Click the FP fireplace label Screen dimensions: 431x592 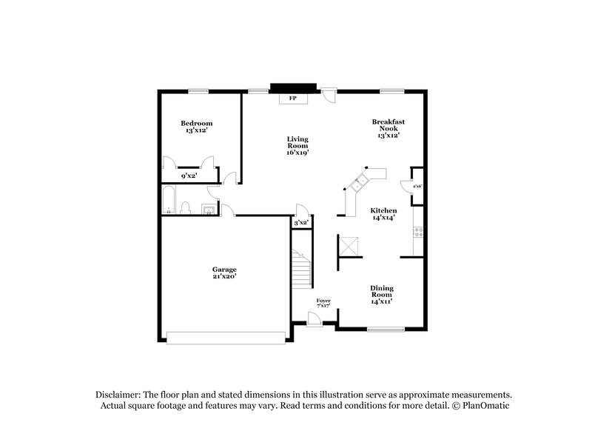coord(293,98)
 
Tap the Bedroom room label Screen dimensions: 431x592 coord(197,123)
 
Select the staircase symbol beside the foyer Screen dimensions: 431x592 coord(302,269)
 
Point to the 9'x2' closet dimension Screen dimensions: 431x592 coord(190,176)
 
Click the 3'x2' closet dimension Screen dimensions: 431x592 coord(300,223)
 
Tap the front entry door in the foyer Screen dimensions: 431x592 coord(314,318)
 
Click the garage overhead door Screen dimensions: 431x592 coord(226,338)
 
